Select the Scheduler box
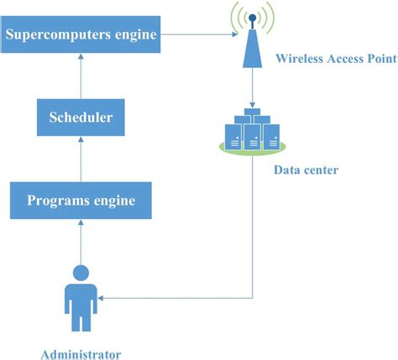tap(81, 117)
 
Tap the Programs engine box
tap(81, 201)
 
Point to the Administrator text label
tap(81, 353)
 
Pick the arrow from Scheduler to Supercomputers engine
tap(81, 76)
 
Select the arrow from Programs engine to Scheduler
tap(81, 159)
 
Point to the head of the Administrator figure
tap(81, 272)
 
